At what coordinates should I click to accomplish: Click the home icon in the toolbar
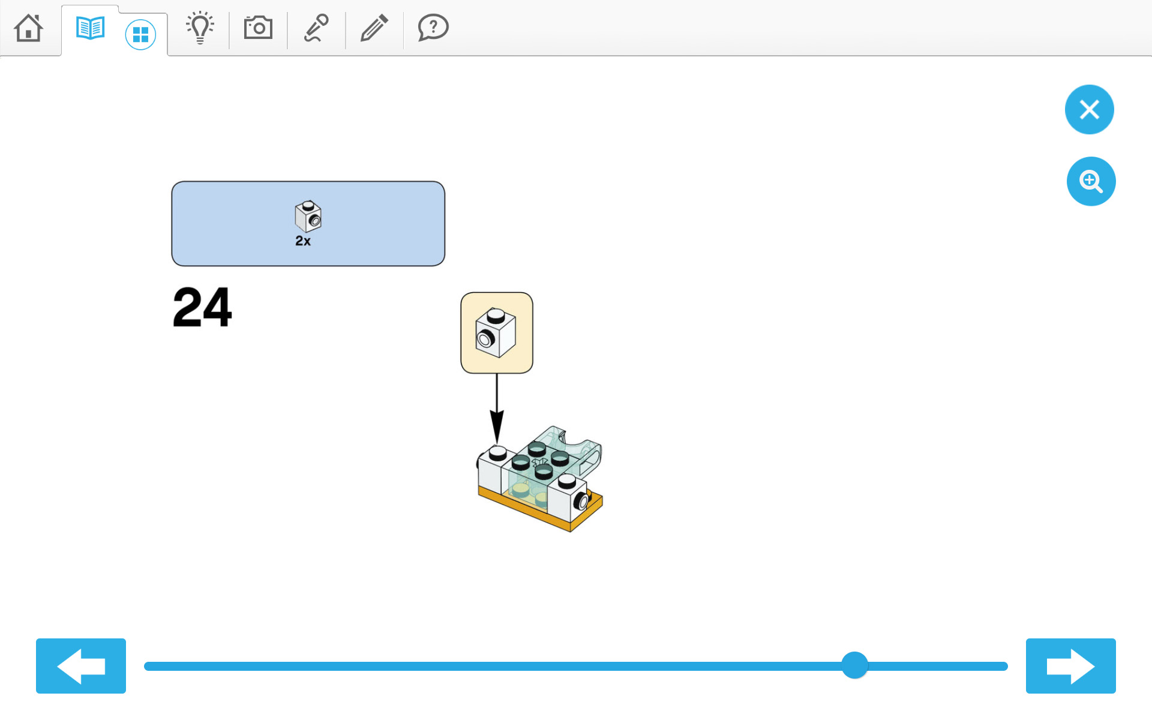click(x=29, y=28)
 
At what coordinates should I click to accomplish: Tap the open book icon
click(x=91, y=28)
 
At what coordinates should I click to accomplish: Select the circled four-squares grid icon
click(x=140, y=35)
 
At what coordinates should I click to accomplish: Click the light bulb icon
click(x=200, y=28)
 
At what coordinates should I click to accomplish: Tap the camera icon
click(x=258, y=28)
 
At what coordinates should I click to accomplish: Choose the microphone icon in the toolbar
click(x=316, y=28)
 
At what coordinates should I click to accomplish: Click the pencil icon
click(x=374, y=28)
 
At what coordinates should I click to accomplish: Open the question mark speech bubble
click(x=433, y=28)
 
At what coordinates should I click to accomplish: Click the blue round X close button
click(x=1089, y=109)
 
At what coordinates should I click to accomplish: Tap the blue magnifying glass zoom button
click(x=1091, y=181)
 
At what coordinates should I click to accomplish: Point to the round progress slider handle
click(x=854, y=665)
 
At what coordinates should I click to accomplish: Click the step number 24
click(x=202, y=307)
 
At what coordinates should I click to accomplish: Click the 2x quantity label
click(x=303, y=241)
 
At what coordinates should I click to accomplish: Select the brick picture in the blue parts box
click(x=308, y=216)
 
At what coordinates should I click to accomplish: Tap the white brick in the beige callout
click(x=496, y=333)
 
